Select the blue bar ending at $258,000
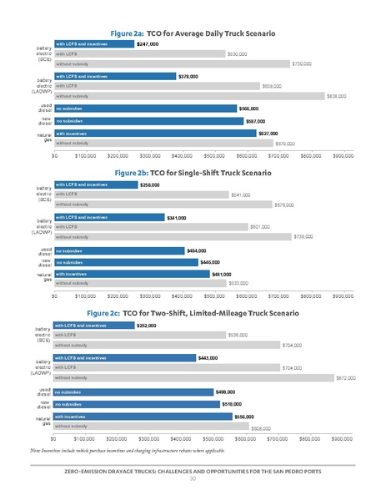point(95,184)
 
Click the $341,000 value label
point(176,217)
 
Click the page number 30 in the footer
point(193,479)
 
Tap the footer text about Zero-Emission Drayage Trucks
point(193,471)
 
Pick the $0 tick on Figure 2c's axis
point(53,437)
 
